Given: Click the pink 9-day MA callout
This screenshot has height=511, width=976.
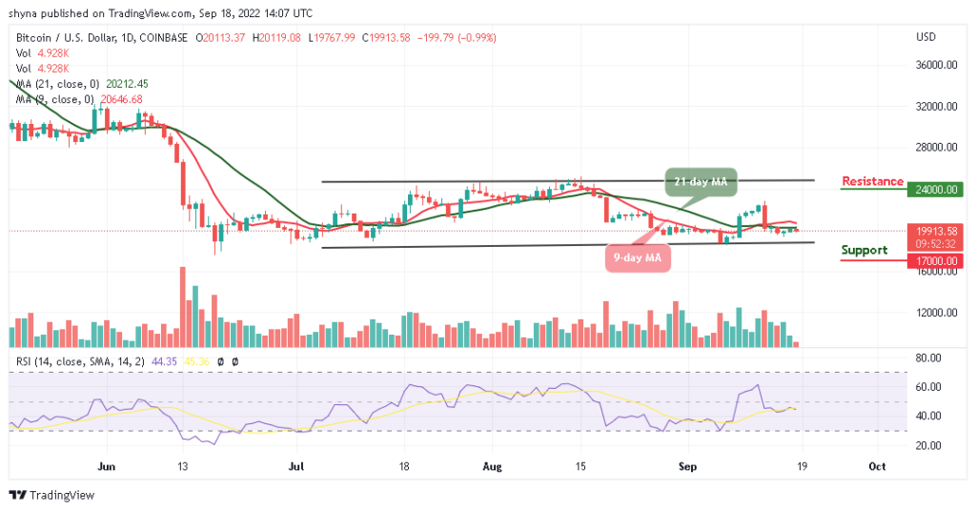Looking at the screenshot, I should click(638, 256).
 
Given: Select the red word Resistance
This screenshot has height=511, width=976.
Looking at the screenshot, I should click(872, 181).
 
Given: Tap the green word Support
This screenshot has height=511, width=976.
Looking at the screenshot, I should click(864, 250).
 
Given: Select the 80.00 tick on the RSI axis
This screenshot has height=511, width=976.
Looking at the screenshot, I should click(927, 358).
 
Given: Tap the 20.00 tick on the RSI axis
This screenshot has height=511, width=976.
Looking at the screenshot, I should click(927, 445).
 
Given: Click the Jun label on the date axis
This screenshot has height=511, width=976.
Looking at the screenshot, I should click(107, 467).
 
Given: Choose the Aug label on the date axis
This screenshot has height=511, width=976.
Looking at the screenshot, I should click(492, 467).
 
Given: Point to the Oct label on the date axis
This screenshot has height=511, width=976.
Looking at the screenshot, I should click(878, 467).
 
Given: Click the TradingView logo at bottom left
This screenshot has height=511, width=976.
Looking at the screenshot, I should click(49, 495).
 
